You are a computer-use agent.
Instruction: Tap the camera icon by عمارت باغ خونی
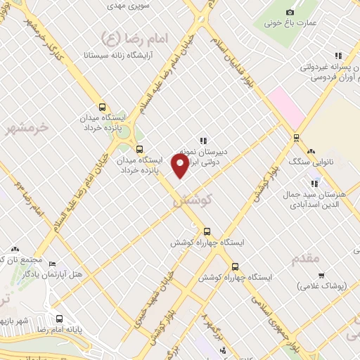[x=290, y=12]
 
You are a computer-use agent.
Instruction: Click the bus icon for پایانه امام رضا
[x=59, y=317]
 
